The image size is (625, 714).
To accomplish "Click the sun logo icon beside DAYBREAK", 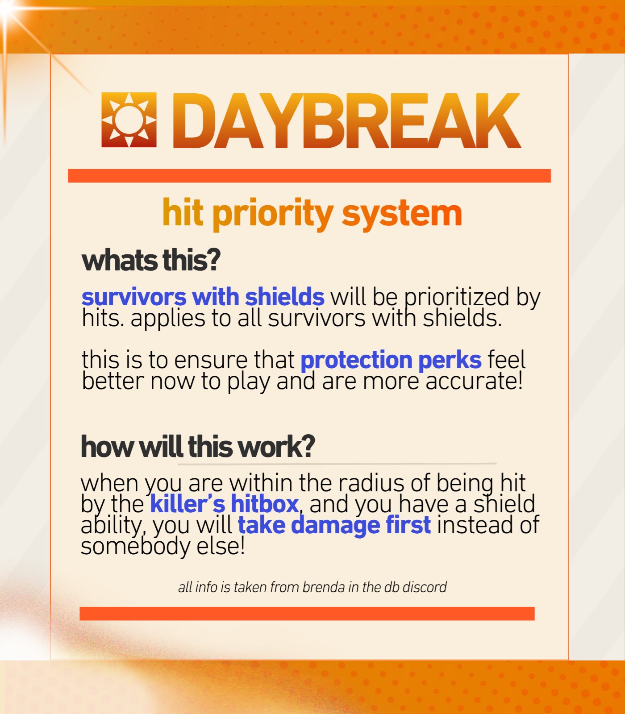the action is point(129,120).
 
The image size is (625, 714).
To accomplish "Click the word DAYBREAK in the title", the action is point(347,120).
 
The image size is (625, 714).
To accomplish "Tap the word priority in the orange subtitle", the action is point(273,215).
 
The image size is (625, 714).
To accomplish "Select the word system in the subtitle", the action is point(402,215).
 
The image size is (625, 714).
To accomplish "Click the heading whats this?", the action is point(151,261).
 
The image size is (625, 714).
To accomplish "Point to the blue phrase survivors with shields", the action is point(203,297).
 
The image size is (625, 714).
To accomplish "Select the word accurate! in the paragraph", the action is point(474,382).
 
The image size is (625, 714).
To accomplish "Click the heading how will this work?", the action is point(198,446).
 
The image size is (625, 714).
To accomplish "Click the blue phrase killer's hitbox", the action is point(224,504).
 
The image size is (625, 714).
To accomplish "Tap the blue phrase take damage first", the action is point(334,525).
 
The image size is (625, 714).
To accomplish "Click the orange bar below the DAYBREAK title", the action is point(309,176).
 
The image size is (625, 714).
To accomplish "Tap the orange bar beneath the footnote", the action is point(307,614).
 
